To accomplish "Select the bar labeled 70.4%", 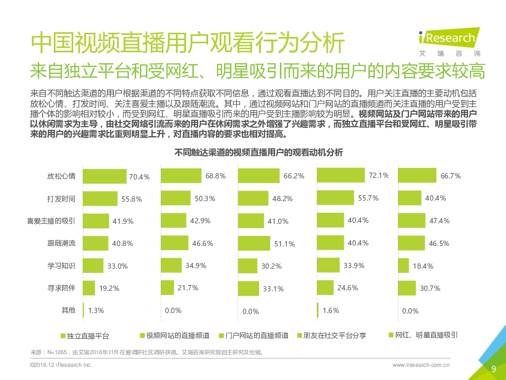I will click(x=105, y=176).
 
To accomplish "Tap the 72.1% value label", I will click(x=378, y=175).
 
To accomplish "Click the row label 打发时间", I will click(x=61, y=199).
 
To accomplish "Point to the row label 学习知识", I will click(x=61, y=265).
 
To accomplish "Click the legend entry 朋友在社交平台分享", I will click(x=332, y=335).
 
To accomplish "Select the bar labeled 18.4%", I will click(x=403, y=265).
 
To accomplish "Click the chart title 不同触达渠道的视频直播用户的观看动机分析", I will click(x=258, y=153).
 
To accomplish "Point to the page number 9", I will click(x=493, y=368).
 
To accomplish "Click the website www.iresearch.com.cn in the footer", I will click(x=421, y=365).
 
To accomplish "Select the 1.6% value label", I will click(x=330, y=310).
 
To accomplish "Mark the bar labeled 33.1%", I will click(x=248, y=288).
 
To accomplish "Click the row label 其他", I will click(x=69, y=310).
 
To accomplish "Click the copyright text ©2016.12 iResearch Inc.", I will click(x=61, y=365).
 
